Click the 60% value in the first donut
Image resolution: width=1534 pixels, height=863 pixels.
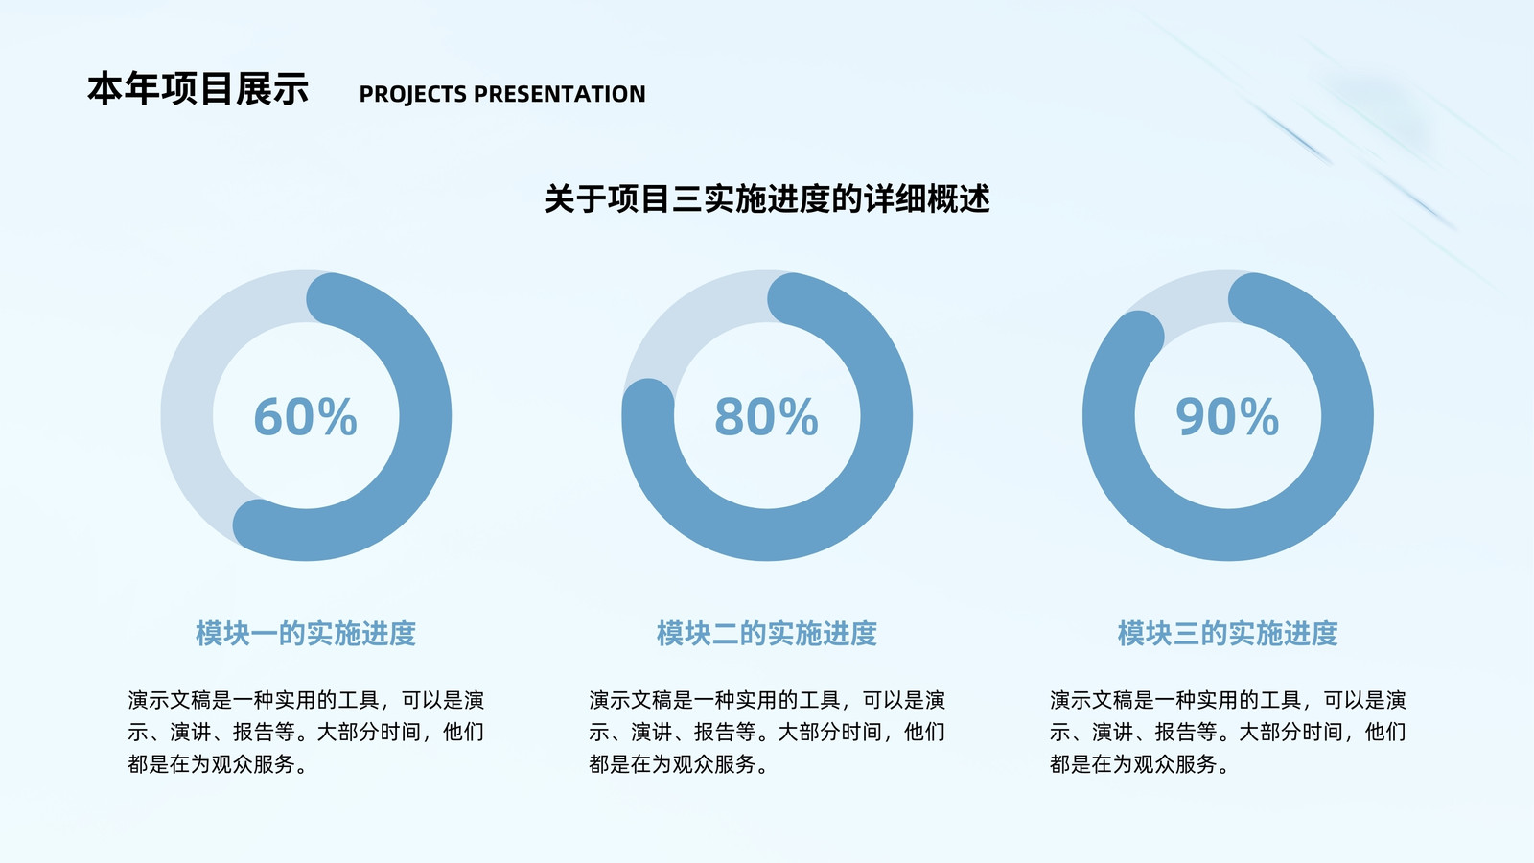coord(306,416)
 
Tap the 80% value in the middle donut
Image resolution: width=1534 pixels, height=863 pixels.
coord(766,416)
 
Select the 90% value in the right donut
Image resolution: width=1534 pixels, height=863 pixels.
coord(1227,416)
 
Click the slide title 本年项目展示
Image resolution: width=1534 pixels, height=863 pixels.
coord(198,89)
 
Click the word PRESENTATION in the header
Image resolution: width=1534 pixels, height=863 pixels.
coord(560,94)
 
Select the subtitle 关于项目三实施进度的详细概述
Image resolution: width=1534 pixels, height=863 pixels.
coord(767,199)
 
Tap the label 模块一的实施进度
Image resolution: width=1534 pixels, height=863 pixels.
coord(306,634)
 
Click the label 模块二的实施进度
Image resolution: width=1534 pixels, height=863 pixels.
coord(767,634)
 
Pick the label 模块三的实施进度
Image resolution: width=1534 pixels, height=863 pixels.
coord(1228,634)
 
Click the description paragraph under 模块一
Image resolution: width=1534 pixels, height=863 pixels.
coord(306,732)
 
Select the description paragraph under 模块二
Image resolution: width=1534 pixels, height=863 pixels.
coord(767,732)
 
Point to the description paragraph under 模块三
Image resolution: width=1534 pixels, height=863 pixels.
coord(1228,732)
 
